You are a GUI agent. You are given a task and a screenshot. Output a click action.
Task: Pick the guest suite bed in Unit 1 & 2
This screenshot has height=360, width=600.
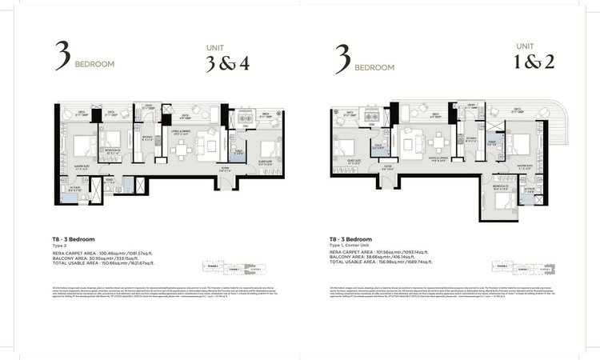(343, 150)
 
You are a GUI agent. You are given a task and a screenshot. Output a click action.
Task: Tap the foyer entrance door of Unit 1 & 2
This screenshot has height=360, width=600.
(387, 178)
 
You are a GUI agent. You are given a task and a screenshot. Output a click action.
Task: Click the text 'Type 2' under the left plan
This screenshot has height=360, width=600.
(61, 246)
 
